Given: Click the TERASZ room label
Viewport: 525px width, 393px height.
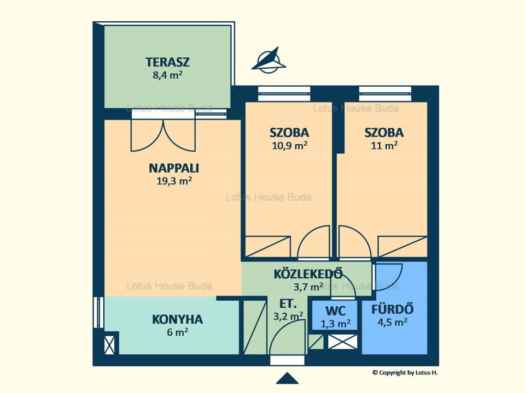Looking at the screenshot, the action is [x=167, y=62].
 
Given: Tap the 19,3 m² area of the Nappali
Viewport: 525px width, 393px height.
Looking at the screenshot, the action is [x=174, y=181].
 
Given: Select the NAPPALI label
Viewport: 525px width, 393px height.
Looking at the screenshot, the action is [x=174, y=168].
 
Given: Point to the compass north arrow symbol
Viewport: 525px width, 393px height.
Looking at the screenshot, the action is [x=269, y=61].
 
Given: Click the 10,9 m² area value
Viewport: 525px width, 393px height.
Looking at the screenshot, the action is [x=290, y=146].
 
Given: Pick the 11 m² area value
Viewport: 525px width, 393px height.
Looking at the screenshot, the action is [x=384, y=146].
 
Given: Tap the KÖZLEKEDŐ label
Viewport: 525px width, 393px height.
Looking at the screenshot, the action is [x=308, y=273].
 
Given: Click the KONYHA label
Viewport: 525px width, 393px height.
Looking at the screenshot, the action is [x=177, y=319].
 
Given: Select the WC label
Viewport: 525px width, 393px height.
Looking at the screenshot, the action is [x=335, y=311].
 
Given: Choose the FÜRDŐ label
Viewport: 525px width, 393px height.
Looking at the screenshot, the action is [x=393, y=309].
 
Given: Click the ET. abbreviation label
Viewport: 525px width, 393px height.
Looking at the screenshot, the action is [x=288, y=304].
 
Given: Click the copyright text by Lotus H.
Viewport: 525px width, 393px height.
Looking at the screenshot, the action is [x=405, y=373].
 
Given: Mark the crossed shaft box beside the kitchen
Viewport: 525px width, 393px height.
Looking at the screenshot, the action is [x=109, y=345].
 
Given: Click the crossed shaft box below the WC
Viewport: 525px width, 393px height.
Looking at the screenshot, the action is [x=342, y=342].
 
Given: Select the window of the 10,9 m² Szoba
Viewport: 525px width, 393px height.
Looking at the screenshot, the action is [x=284, y=94].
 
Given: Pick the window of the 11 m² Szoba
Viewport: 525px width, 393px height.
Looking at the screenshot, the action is [x=385, y=94].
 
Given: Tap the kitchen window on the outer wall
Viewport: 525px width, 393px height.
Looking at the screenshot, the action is [x=98, y=312].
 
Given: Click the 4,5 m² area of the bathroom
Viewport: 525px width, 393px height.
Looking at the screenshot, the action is [x=393, y=322].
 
